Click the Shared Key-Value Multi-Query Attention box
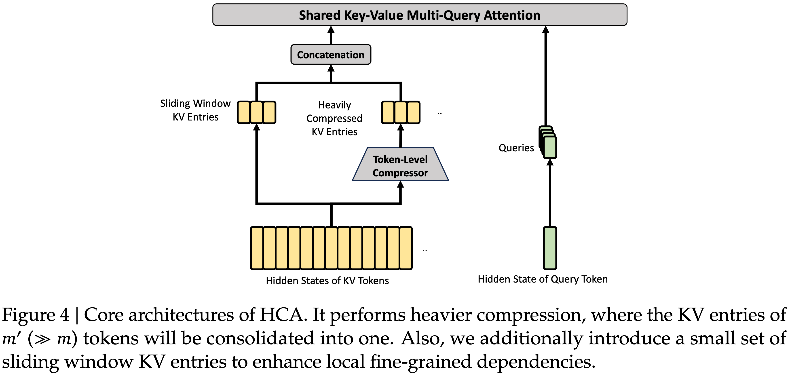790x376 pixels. (x=420, y=15)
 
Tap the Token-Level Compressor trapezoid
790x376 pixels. (x=400, y=166)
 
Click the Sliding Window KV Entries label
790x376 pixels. (x=195, y=110)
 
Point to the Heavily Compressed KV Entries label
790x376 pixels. (x=334, y=118)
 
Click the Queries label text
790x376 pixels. (x=516, y=148)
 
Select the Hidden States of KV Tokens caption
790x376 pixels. (x=327, y=281)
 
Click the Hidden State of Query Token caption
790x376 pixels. (x=543, y=279)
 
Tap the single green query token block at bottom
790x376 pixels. (x=550, y=248)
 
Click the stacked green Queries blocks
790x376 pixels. (x=549, y=143)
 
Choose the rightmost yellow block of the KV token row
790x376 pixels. (x=406, y=248)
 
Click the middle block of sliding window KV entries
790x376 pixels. (x=257, y=112)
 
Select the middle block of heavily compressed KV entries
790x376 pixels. (x=401, y=112)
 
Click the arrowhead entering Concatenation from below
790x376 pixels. (x=331, y=68)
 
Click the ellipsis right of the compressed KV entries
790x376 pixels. (x=440, y=114)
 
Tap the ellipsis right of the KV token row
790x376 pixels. (x=425, y=250)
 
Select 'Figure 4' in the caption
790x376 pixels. (x=36, y=315)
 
